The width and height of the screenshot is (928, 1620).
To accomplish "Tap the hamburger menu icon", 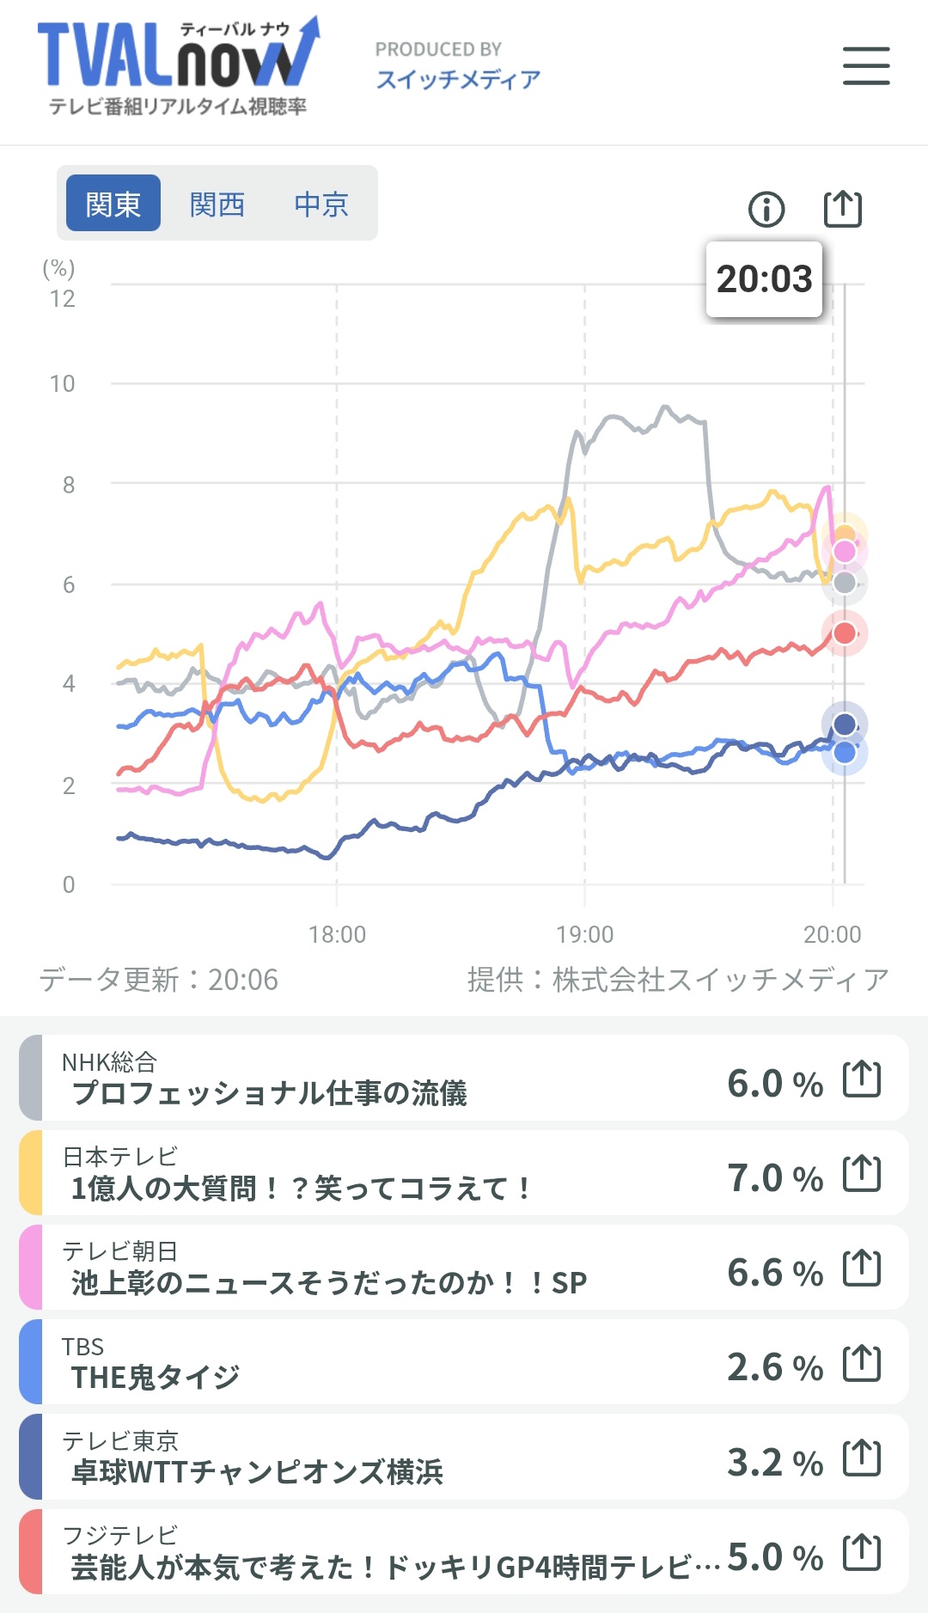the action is [x=866, y=66].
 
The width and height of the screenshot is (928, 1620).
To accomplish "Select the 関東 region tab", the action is [x=113, y=204].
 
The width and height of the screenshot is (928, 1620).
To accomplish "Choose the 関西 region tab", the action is [x=217, y=205].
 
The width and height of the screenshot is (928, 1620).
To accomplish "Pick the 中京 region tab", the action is [x=321, y=205].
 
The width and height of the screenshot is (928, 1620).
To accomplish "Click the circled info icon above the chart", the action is [x=766, y=209].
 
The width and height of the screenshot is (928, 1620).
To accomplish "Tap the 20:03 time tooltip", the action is [x=764, y=279].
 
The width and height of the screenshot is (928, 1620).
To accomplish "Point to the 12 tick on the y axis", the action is [x=62, y=299].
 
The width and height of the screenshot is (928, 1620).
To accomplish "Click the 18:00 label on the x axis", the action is [x=337, y=934].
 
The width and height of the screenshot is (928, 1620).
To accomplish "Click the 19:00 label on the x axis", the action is [x=584, y=934].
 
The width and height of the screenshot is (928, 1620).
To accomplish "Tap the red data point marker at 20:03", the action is [x=845, y=633].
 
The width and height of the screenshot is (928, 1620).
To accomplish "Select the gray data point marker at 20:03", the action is [x=845, y=583].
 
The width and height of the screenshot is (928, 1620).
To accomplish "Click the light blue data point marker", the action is [x=845, y=753].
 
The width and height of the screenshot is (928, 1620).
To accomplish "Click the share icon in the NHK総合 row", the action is [x=862, y=1079].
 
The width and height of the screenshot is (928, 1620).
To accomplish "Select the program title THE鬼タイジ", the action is [x=156, y=1378].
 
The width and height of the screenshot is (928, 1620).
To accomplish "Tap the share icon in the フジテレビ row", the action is [x=862, y=1552].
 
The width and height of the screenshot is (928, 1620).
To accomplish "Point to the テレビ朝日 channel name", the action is [x=119, y=1251].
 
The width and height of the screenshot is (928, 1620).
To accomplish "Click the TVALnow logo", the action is [x=179, y=66].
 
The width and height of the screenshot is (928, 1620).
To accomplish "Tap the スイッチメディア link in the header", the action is [x=458, y=80].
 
